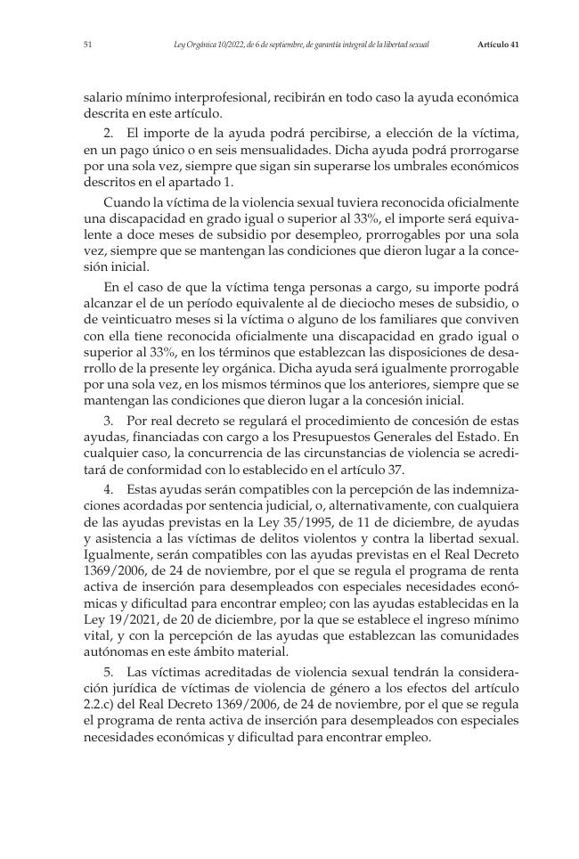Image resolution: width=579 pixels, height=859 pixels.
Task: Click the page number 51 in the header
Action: (87, 44)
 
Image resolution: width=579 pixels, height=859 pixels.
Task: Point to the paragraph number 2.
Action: (108, 133)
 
